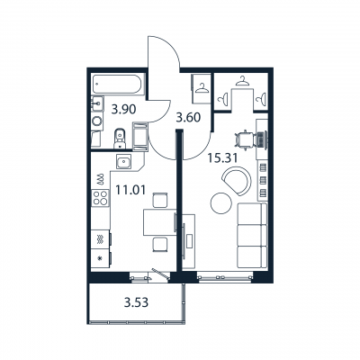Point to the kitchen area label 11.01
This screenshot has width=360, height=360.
[131, 191]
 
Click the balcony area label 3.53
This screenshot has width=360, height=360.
[136, 301]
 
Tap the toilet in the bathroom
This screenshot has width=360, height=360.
[120, 139]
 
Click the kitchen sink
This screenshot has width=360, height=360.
[125, 163]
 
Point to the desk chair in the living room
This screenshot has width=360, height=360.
[242, 140]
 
